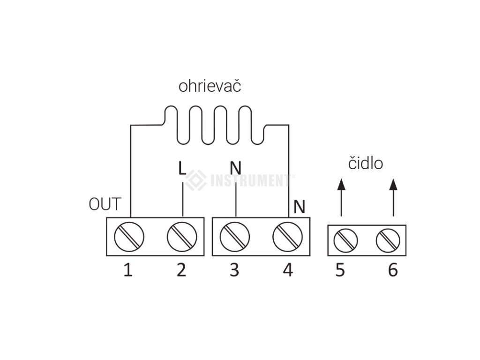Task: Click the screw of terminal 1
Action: pos(129,236)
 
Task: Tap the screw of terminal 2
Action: pos(181,236)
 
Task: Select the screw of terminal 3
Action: pos(234,236)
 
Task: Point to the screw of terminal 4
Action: pos(287,236)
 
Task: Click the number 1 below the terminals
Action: pos(127,270)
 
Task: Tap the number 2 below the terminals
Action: pos(181,270)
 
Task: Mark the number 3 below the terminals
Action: pos(234,270)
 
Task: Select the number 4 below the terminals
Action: pos(287,270)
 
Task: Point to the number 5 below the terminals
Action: pos(340,270)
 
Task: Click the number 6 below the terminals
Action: pos(393,270)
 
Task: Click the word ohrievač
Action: pos(210,87)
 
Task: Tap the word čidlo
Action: pos(365,163)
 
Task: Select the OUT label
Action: pos(105,205)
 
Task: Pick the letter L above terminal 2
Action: pos(182,168)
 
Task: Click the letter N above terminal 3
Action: pos(235,168)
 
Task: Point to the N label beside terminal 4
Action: pos(299,206)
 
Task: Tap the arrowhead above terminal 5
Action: pos(341,184)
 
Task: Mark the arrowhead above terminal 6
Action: pos(393,184)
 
